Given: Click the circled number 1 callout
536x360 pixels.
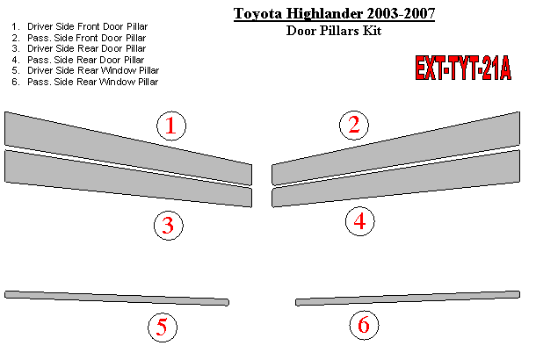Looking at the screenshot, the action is click(x=171, y=126).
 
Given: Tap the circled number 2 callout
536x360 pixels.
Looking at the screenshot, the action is click(x=354, y=125).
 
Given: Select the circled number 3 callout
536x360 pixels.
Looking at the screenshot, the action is click(x=168, y=226).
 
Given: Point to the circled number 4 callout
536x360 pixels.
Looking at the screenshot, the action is click(x=359, y=221).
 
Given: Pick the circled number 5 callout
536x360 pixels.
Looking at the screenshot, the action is click(x=163, y=328).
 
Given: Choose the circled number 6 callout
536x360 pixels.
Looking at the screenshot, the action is click(x=364, y=325).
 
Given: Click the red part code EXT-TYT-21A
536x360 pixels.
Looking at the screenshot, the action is click(x=463, y=68).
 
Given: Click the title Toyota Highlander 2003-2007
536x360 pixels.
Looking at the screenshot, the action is click(x=334, y=14).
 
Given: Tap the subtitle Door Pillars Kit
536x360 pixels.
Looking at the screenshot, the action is click(x=334, y=31).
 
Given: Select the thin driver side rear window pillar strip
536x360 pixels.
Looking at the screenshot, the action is click(x=117, y=298).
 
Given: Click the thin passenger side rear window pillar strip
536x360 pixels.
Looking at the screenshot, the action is click(x=408, y=298).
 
